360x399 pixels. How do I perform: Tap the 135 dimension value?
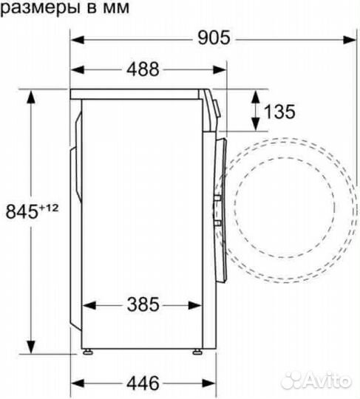(279, 112)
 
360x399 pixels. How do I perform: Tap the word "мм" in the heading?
(116, 9)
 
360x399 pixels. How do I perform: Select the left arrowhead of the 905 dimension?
(77, 37)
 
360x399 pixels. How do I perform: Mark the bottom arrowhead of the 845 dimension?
(31, 347)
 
